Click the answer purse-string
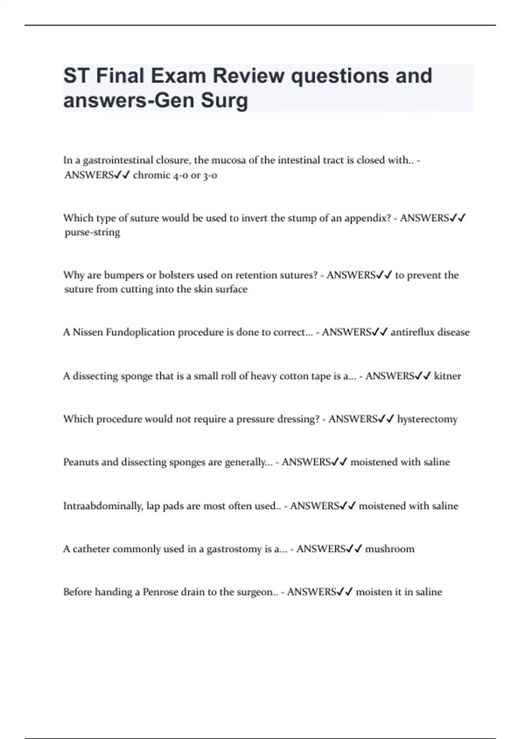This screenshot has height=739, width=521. click(x=92, y=232)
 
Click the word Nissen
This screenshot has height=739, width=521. click(x=88, y=332)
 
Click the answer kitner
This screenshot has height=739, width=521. click(x=447, y=376)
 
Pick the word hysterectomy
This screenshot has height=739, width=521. click(x=427, y=419)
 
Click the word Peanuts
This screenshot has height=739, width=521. click(x=80, y=462)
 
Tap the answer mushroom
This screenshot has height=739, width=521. click(x=389, y=549)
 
